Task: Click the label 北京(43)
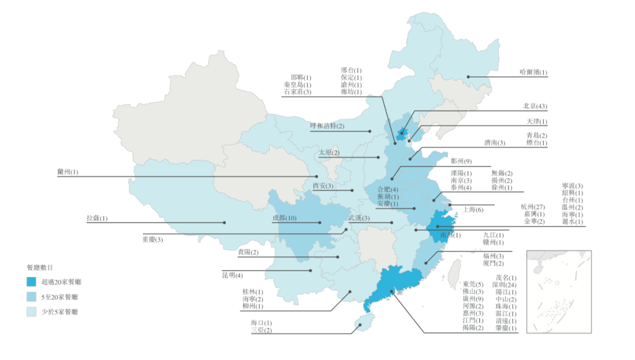coord(535,106)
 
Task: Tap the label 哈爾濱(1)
coord(533,73)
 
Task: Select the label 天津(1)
coord(536,122)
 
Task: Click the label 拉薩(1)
coord(97,218)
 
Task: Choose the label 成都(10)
coord(284,218)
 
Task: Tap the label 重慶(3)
coord(152,239)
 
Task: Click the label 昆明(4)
coord(232,275)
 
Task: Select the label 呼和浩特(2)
coord(327,126)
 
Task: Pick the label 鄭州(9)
coord(461,162)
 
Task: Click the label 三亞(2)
coord(261,331)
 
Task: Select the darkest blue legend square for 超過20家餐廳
coord(32,282)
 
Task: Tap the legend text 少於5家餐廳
coord(59,312)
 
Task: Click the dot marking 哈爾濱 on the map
coord(468,76)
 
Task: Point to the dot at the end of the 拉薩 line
coord(225,222)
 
